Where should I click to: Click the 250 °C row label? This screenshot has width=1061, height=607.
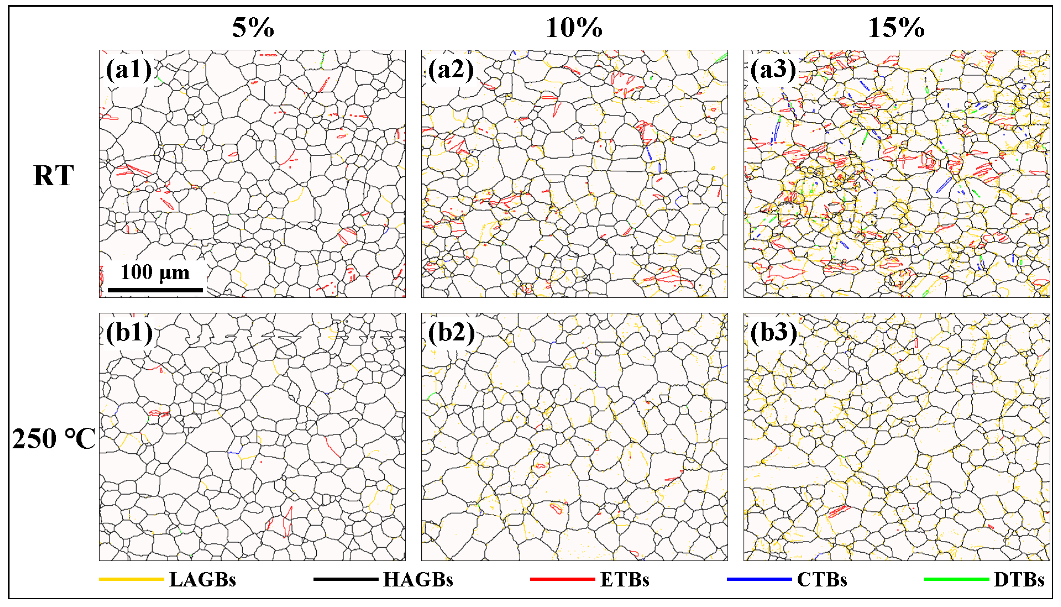tap(53, 439)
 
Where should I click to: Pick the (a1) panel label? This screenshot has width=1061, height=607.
tap(128, 69)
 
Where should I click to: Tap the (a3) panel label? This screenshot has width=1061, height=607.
tap(773, 69)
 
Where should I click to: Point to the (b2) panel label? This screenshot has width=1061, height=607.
tap(451, 332)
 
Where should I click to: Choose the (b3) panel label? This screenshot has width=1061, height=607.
tap(773, 332)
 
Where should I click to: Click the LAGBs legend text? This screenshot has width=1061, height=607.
tap(203, 579)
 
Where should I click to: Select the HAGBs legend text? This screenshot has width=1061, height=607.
tap(418, 579)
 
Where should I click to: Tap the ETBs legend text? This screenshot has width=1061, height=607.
tap(624, 579)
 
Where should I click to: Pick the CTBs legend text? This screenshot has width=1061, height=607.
tap(822, 579)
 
